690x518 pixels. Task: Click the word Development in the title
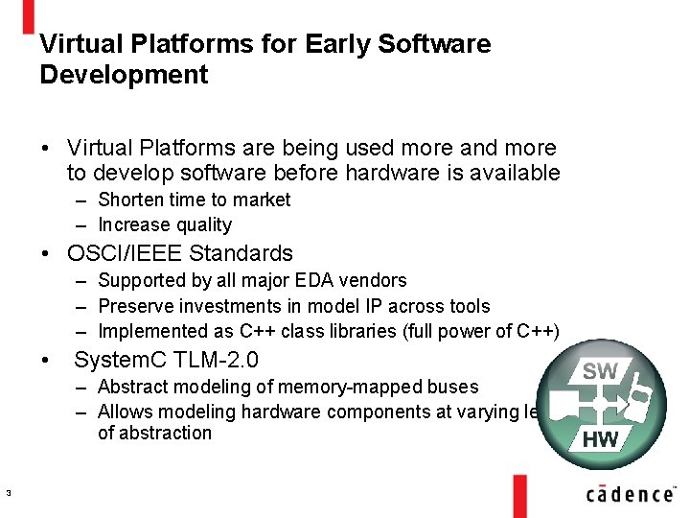coord(124,75)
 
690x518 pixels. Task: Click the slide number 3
coord(8,494)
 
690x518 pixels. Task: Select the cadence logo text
coord(630,493)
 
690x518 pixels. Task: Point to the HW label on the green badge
coord(600,440)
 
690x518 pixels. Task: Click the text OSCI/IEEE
coord(126,253)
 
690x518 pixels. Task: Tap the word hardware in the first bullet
coord(419,173)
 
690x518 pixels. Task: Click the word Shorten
coord(132,200)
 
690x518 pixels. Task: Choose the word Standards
coord(241,253)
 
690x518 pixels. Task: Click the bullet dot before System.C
coord(45,361)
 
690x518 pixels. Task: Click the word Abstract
coord(132,387)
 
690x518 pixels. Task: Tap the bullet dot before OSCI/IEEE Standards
coord(45,254)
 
